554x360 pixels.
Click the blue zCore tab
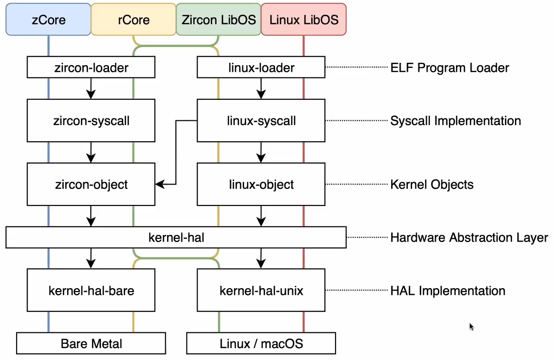pyautogui.click(x=48, y=19)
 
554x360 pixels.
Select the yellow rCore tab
pyautogui.click(x=133, y=19)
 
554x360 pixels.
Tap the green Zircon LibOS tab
pyautogui.click(x=218, y=19)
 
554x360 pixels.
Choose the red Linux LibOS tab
pyautogui.click(x=304, y=19)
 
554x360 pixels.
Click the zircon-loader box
pyautogui.click(x=91, y=68)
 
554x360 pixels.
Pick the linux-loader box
pyautogui.click(x=261, y=68)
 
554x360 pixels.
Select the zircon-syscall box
pyautogui.click(x=91, y=121)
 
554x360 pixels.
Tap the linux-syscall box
pyautogui.click(x=261, y=121)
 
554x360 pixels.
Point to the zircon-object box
pyautogui.click(x=91, y=184)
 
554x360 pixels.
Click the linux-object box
pyautogui.click(x=261, y=184)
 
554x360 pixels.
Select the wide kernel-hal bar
pyautogui.click(x=176, y=237)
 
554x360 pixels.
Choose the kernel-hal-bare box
pyautogui.click(x=91, y=290)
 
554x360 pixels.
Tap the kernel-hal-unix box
pyautogui.click(x=261, y=290)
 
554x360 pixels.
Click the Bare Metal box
pyautogui.click(x=91, y=343)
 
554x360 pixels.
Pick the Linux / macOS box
pyautogui.click(x=261, y=343)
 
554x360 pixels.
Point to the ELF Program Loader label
pyautogui.click(x=449, y=68)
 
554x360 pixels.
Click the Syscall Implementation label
pyautogui.click(x=455, y=121)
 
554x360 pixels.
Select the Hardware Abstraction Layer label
pyautogui.click(x=469, y=237)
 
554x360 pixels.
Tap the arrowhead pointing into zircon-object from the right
pyautogui.click(x=160, y=184)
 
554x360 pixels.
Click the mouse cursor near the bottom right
pyautogui.click(x=471, y=327)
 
